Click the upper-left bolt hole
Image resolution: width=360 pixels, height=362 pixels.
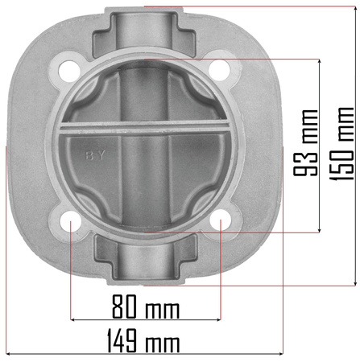(x=69, y=71)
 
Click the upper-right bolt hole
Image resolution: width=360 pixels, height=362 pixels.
(x=219, y=70)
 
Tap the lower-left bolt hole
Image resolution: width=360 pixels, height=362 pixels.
(x=71, y=221)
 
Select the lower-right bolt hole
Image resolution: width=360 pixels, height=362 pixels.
(x=220, y=220)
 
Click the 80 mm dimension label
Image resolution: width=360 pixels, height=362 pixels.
(x=146, y=306)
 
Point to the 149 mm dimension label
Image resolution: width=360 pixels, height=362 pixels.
(x=143, y=340)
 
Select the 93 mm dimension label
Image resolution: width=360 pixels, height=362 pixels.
(x=305, y=142)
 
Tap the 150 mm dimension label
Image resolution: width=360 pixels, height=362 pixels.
(x=341, y=143)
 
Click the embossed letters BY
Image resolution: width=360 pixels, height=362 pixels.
(x=95, y=155)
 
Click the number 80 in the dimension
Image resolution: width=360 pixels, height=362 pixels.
(x=124, y=306)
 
